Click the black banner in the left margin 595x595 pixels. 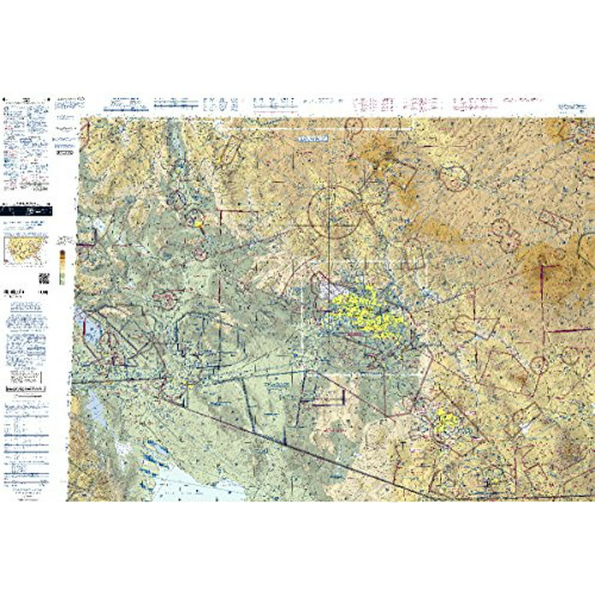coord(26,210)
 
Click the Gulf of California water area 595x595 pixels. coord(196,482)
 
